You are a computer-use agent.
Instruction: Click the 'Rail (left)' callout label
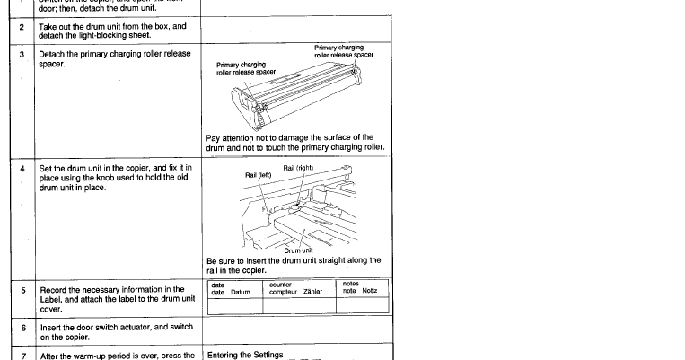258,175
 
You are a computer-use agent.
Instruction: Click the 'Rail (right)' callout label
301,168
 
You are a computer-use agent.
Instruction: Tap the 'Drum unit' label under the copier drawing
297,250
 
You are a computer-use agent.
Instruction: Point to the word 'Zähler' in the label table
312,291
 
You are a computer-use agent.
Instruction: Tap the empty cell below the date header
234,305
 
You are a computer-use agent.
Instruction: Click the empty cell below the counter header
297,305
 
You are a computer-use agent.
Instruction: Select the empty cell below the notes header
360,305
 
